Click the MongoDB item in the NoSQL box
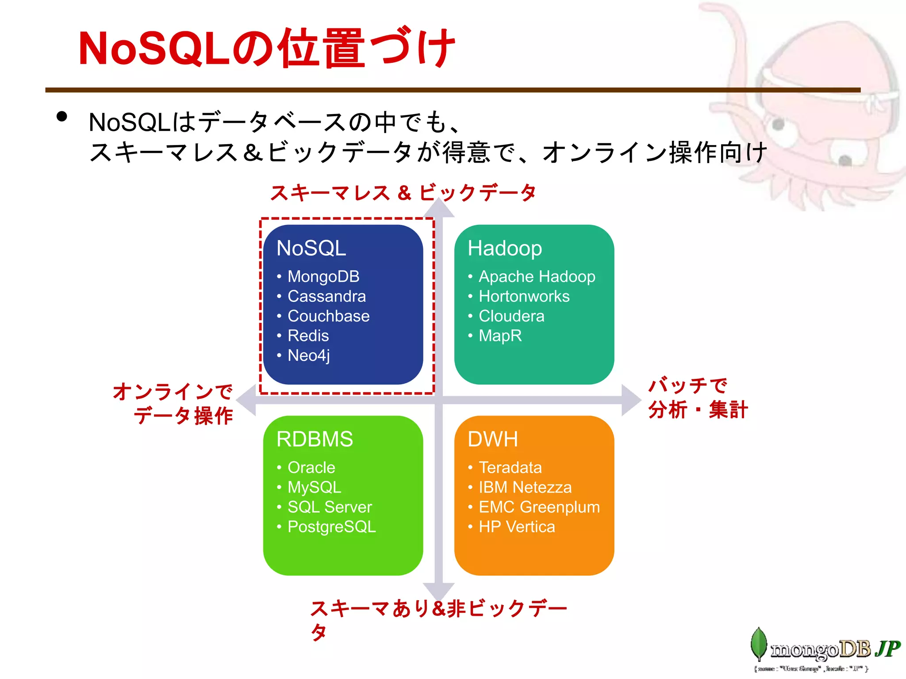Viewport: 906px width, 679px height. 323,277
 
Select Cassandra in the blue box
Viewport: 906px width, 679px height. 326,296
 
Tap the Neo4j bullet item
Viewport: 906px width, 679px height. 308,355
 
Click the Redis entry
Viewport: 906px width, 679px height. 308,336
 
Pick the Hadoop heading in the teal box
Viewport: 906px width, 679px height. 504,248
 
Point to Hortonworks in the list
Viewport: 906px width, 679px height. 524,296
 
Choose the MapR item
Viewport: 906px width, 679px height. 500,336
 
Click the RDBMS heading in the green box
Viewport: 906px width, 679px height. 315,439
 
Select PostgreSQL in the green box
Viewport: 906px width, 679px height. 331,527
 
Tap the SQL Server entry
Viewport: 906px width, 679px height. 330,507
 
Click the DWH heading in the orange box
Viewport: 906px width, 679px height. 492,439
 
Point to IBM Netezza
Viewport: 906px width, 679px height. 525,488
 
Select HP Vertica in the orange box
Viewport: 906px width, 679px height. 516,527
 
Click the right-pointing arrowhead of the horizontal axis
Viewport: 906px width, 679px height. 631,400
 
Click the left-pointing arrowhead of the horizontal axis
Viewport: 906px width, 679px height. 246,400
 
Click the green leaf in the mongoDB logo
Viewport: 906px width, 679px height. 759,644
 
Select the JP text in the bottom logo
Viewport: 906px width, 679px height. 887,649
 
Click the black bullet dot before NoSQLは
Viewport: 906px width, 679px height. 62,117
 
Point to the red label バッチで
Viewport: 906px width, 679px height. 687,385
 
